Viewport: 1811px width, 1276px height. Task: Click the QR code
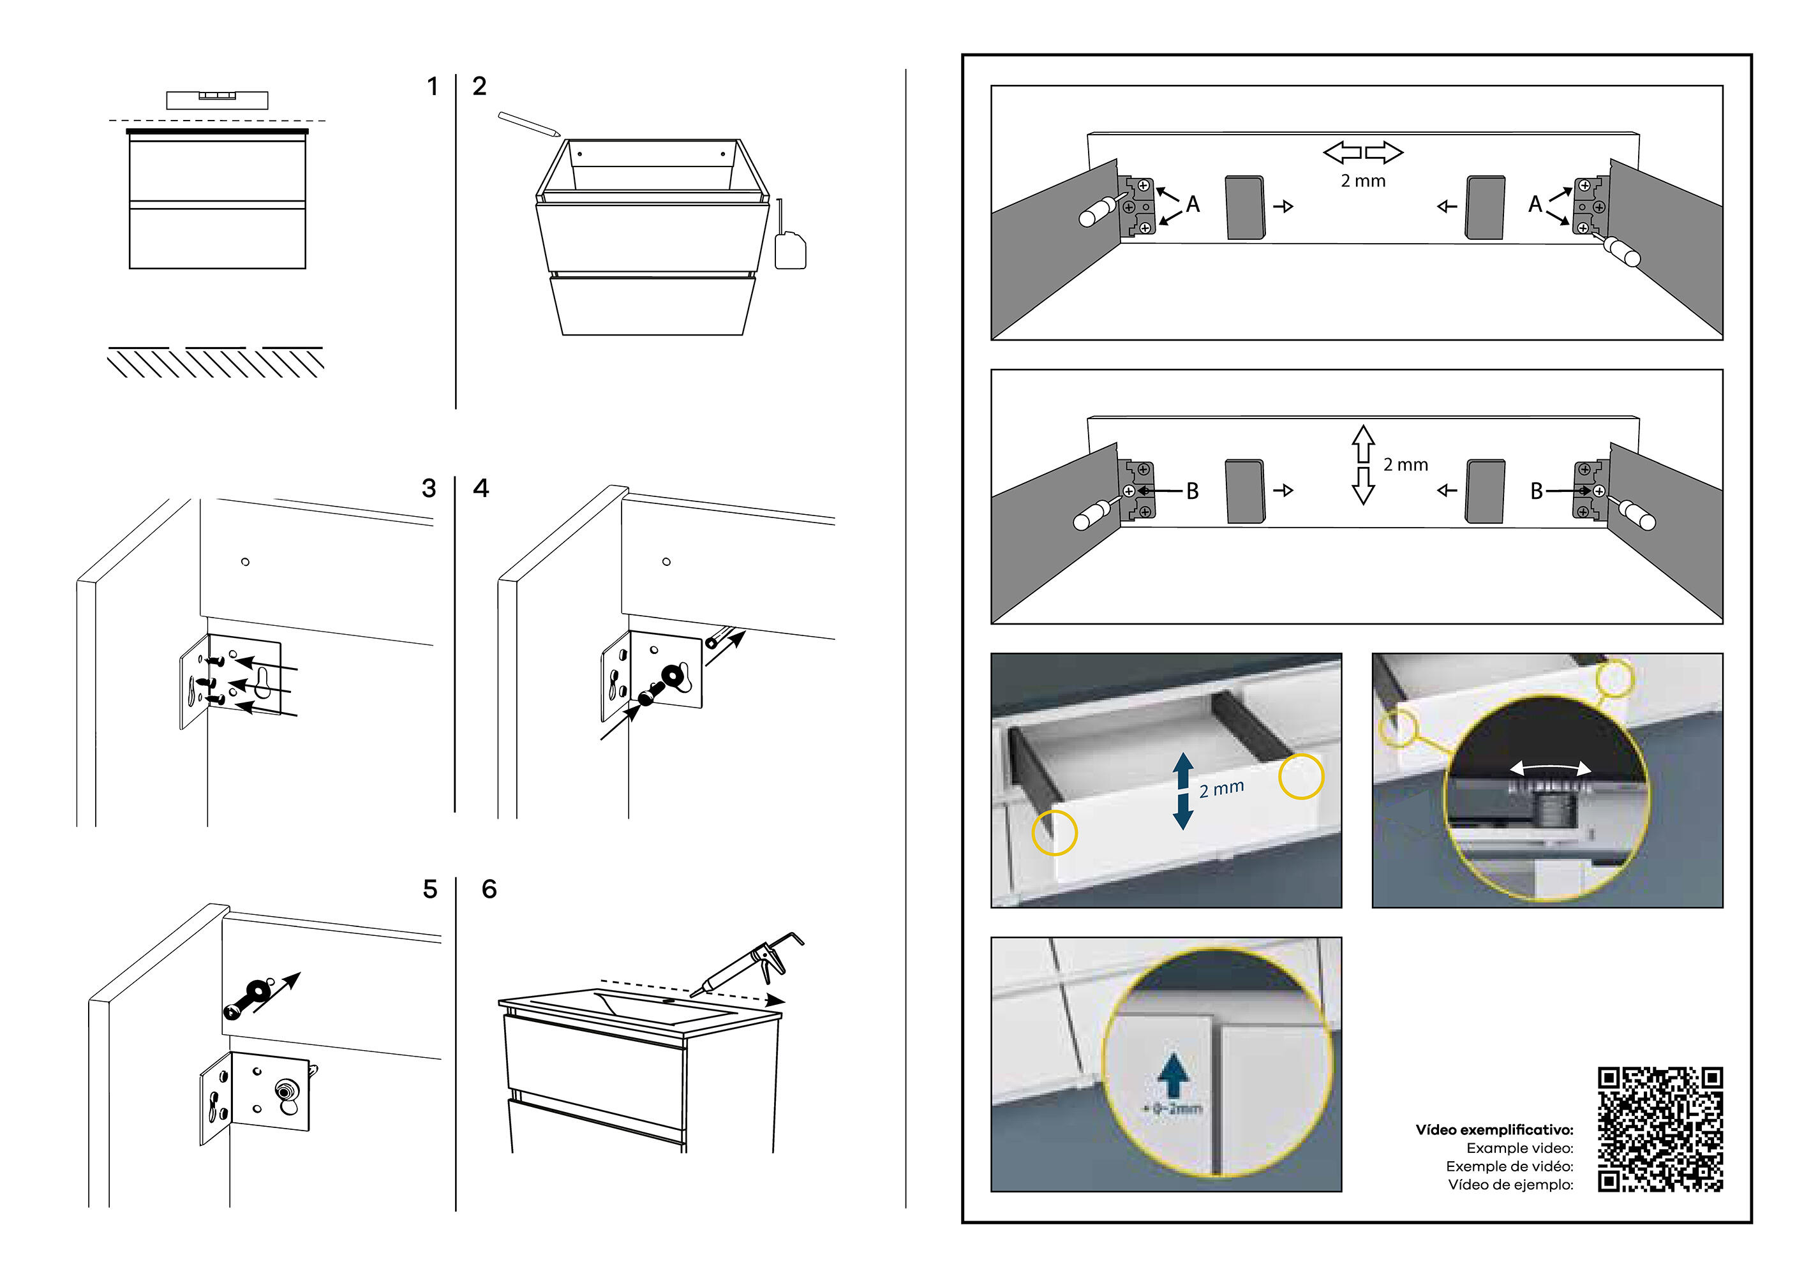coord(1660,1129)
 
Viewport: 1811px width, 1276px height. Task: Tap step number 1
coord(432,86)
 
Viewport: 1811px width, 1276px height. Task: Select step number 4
coord(481,488)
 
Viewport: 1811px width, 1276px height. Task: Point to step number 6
coord(489,889)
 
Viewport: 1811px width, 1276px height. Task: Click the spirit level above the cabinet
coord(217,100)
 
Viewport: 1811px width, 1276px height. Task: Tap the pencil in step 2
coord(528,123)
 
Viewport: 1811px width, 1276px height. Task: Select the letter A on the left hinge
coord(1193,204)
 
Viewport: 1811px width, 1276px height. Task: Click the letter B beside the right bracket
coord(1537,491)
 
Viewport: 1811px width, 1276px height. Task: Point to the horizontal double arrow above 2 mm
coord(1363,152)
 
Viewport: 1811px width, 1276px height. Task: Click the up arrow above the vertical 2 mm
coord(1363,444)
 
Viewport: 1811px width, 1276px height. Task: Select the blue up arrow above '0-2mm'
coord(1174,1074)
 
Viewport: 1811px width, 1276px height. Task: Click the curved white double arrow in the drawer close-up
coord(1550,768)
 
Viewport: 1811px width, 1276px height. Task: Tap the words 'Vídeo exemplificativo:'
coord(1494,1130)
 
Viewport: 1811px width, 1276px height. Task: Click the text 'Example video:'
coord(1519,1148)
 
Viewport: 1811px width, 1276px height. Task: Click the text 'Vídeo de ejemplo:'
coord(1510,1185)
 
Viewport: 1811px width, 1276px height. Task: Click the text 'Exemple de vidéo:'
coord(1509,1166)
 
